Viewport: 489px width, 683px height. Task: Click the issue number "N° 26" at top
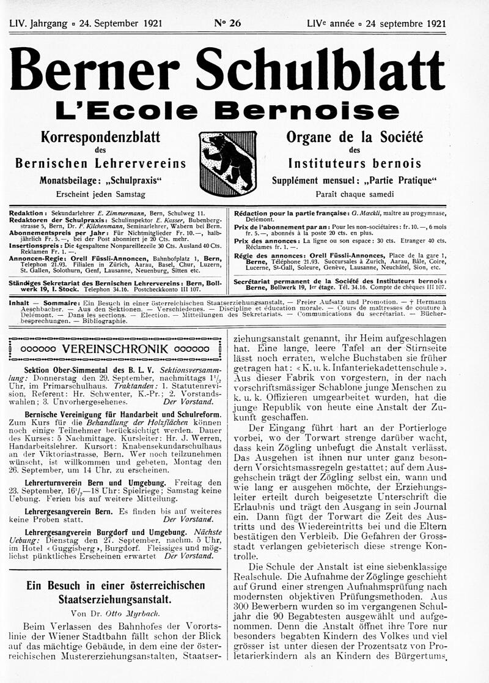[227, 24]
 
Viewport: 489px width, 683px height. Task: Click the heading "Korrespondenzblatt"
[100, 136]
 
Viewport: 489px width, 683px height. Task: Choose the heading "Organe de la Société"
[355, 136]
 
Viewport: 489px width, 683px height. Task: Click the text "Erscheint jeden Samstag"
[100, 195]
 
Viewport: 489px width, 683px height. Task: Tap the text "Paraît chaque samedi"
[355, 195]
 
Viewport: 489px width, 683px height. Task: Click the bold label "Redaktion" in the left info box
[29, 212]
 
